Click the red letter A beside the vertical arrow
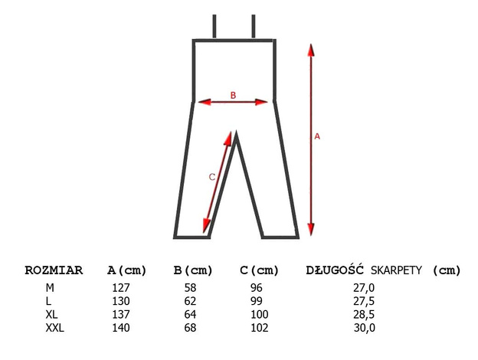pyautogui.click(x=317, y=136)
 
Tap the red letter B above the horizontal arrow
pyautogui.click(x=233, y=96)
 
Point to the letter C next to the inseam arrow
pyautogui.click(x=212, y=177)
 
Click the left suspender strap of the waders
pyautogui.click(x=214, y=26)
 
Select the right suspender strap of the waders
pyautogui.click(x=254, y=26)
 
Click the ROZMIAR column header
pyautogui.click(x=54, y=270)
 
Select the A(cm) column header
pyautogui.click(x=127, y=270)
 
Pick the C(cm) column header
pyautogui.click(x=260, y=270)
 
